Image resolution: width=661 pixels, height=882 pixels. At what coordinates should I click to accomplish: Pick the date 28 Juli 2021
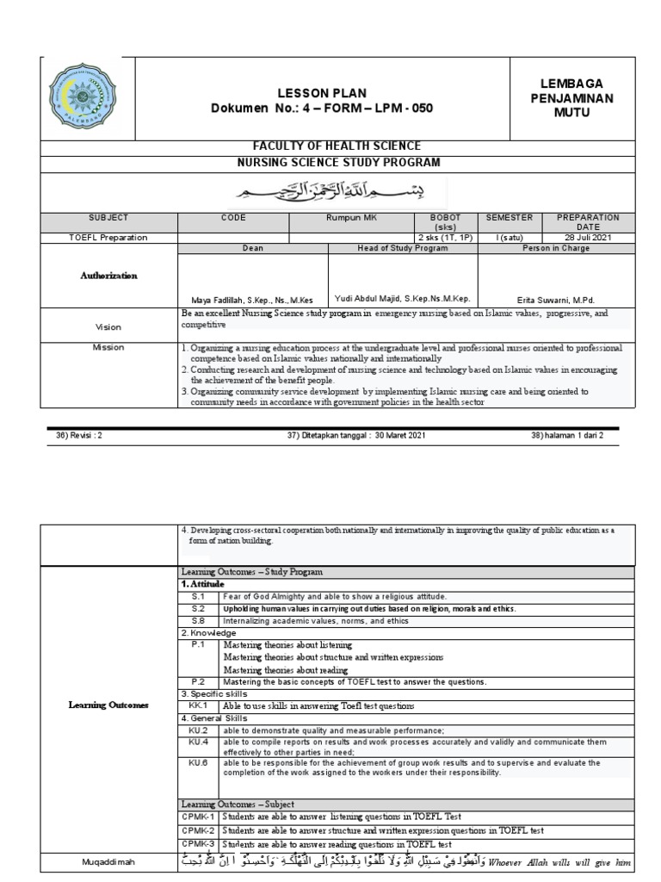(589, 237)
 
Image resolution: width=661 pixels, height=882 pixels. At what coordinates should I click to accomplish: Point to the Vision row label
(108, 327)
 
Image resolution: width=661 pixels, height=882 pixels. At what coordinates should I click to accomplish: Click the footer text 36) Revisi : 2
(79, 436)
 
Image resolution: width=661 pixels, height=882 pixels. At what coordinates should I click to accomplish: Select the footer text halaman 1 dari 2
(567, 436)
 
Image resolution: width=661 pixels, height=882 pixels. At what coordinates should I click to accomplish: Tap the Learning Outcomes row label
(108, 705)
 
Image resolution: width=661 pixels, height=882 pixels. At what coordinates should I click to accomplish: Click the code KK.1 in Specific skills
(199, 705)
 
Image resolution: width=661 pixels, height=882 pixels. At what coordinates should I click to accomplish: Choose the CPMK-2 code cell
(199, 830)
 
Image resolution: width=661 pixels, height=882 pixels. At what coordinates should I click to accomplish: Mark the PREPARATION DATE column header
(589, 222)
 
